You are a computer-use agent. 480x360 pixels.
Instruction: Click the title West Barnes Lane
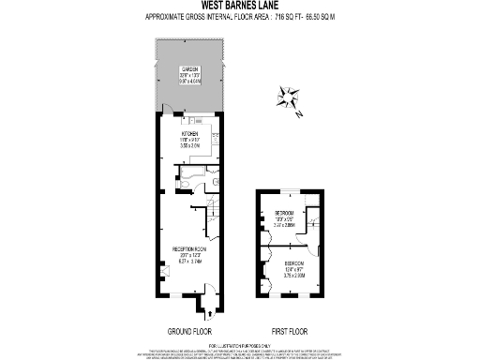click(x=239, y=7)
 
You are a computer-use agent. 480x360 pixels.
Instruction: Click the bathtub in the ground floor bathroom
click(x=198, y=172)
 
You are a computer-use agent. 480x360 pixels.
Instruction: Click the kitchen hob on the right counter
click(x=219, y=141)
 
